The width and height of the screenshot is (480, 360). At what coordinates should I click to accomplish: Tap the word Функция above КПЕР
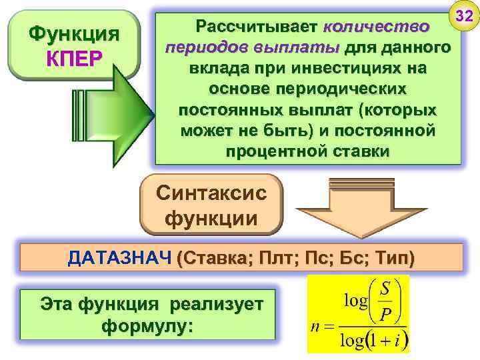pos(74,34)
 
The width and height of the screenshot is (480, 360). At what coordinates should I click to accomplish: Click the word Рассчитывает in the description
pos(256,27)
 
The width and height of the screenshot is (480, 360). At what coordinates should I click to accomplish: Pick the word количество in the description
pos(375,27)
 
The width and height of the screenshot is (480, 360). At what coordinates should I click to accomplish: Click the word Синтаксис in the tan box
pos(211,194)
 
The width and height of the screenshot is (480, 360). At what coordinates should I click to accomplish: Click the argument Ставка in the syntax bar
pos(213,259)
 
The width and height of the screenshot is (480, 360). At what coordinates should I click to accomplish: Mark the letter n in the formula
pos(317,328)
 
